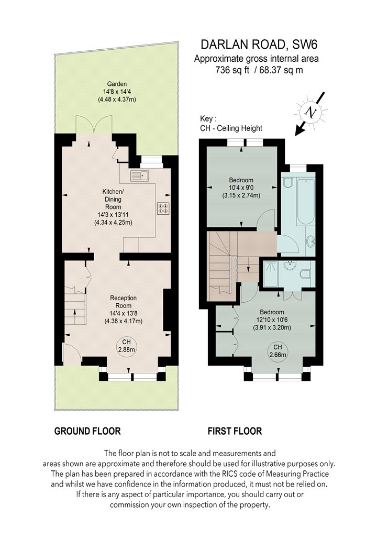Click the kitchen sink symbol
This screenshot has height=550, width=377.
coord(140,175)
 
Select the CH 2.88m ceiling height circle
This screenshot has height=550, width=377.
coord(126,346)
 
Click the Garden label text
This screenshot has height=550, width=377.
coord(117,84)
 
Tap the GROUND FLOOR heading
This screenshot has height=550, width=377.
coord(87,431)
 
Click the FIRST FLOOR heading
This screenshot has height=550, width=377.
coord(235,431)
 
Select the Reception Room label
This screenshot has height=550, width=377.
coord(123,302)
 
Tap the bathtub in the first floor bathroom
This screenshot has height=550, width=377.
coord(304,202)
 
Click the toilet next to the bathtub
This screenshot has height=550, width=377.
coord(287,183)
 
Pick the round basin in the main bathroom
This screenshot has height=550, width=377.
coord(311,241)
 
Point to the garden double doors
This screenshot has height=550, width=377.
coord(94,125)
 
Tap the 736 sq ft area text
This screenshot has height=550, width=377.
coord(232,70)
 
